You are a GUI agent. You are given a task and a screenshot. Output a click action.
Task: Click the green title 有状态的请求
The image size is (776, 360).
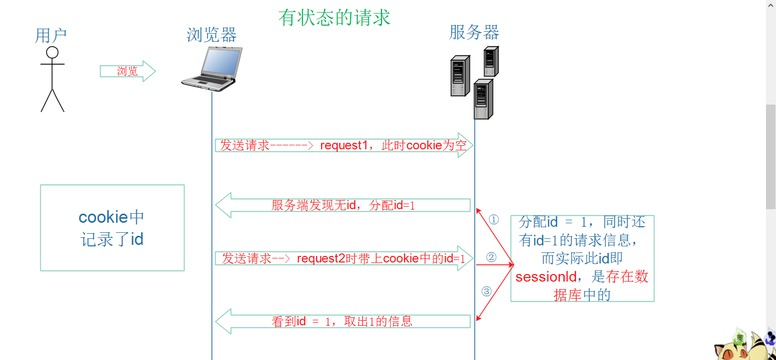click(334, 18)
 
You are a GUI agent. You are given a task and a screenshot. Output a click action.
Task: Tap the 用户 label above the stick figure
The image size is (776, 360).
click(51, 36)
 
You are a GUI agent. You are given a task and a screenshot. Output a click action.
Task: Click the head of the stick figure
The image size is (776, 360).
click(52, 52)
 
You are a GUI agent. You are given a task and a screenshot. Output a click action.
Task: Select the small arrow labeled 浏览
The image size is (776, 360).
click(128, 71)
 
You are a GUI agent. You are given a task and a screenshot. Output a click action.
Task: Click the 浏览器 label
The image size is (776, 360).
click(212, 35)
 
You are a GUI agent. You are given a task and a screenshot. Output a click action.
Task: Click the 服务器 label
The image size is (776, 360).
click(474, 33)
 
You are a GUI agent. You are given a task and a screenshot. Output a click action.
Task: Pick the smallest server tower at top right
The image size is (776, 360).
click(491, 61)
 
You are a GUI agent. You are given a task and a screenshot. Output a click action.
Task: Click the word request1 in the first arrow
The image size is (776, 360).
click(344, 146)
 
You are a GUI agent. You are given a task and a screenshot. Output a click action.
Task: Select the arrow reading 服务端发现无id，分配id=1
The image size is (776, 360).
click(343, 205)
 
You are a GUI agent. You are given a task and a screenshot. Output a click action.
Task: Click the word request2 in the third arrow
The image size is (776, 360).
click(321, 258)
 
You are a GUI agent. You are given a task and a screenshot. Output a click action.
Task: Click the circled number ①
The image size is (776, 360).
click(494, 220)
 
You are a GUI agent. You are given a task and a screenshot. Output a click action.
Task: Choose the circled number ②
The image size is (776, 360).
click(492, 257)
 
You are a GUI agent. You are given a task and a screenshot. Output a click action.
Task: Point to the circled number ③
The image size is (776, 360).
click(486, 291)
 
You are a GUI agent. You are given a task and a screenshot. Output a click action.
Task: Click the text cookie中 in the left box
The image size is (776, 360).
click(112, 217)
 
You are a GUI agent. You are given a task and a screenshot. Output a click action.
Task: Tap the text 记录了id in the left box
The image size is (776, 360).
click(112, 239)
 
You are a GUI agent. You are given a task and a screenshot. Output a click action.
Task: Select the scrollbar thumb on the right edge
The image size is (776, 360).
click(770, 156)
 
